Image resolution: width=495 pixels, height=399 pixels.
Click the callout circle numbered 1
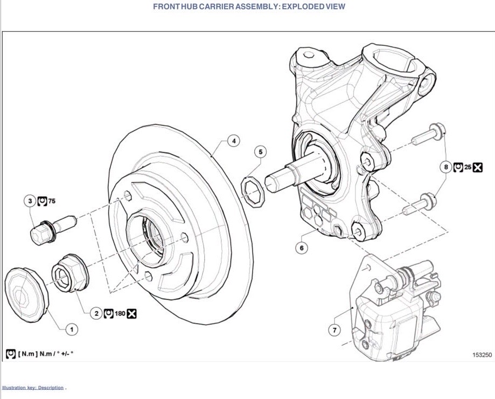click(72, 329)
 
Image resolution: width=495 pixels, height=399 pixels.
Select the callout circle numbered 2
click(96, 313)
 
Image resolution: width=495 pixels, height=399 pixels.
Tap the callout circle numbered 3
click(30, 201)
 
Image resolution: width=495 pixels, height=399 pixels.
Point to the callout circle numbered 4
click(234, 141)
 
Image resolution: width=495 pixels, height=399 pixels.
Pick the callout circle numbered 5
click(261, 152)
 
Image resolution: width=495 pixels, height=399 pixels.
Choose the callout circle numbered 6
click(302, 248)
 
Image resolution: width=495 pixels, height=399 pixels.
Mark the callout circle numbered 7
click(334, 331)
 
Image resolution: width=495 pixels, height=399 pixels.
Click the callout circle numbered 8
click(446, 167)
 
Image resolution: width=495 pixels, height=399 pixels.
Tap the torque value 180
click(120, 314)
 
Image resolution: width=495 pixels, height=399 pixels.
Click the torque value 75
click(52, 201)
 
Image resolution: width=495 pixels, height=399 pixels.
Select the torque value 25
click(468, 167)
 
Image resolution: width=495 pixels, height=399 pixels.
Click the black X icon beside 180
click(131, 314)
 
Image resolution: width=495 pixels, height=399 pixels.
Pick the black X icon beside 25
click(478, 167)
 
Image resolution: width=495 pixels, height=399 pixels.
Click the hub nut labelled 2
click(70, 272)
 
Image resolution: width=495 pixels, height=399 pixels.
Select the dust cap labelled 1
click(27, 295)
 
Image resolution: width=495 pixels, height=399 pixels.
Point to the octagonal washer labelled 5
click(253, 192)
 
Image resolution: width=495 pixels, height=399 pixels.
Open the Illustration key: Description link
click(33, 388)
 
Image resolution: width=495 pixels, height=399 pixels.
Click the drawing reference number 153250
click(482, 355)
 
